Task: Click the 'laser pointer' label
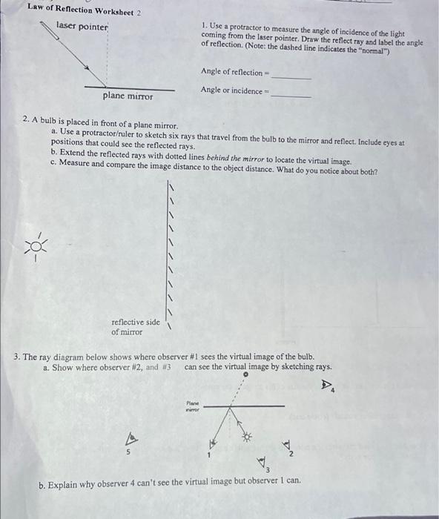[x=82, y=27]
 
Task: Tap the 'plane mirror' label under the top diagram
[x=128, y=96]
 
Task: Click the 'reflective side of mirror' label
[x=135, y=327]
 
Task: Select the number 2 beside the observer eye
[x=292, y=453]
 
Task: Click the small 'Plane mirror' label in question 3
[x=193, y=406]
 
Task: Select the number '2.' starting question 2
[x=26, y=119]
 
